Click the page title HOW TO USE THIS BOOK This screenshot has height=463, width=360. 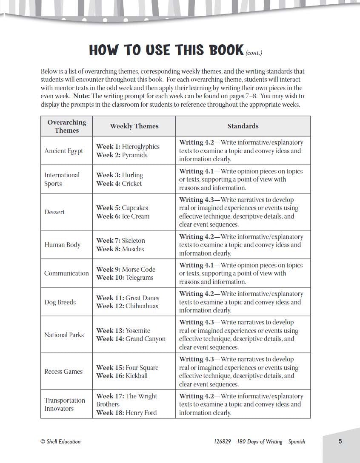[x=166, y=50]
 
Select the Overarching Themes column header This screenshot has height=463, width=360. [x=67, y=126]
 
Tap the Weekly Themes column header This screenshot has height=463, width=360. [x=134, y=126]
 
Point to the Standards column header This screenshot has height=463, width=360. [x=243, y=126]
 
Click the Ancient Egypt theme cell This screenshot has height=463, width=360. [x=64, y=151]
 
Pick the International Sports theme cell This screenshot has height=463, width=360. [x=62, y=179]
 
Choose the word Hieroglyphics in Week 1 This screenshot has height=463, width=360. [x=140, y=147]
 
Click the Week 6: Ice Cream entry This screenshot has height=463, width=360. [x=123, y=216]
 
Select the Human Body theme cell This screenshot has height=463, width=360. [x=62, y=245]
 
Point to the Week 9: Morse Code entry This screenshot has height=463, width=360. [x=126, y=270]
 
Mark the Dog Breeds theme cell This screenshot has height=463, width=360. [x=60, y=302]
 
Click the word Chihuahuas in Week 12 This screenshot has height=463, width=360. [x=142, y=306]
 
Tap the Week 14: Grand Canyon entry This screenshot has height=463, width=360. [x=131, y=339]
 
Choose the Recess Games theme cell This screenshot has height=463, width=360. [x=63, y=372]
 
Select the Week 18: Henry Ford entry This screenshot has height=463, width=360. [x=126, y=413]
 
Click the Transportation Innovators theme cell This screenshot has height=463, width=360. [x=65, y=404]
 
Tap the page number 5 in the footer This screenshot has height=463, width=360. [x=340, y=441]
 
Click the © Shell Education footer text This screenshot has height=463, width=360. [x=60, y=442]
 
